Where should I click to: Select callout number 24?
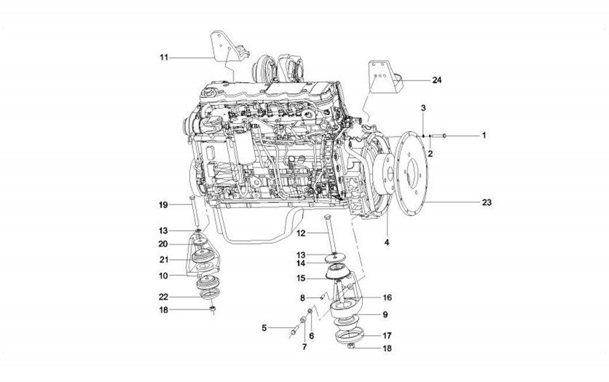point(437,80)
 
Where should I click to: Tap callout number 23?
point(487,203)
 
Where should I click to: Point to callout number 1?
point(483,135)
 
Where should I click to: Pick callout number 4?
point(386,240)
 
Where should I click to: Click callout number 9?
point(385,315)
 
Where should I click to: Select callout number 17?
point(387,336)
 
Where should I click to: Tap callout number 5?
point(264,328)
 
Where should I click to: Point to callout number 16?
point(387,297)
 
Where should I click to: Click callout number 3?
point(423,108)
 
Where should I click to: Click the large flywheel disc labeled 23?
point(414,172)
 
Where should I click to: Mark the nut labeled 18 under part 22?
point(213,309)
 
